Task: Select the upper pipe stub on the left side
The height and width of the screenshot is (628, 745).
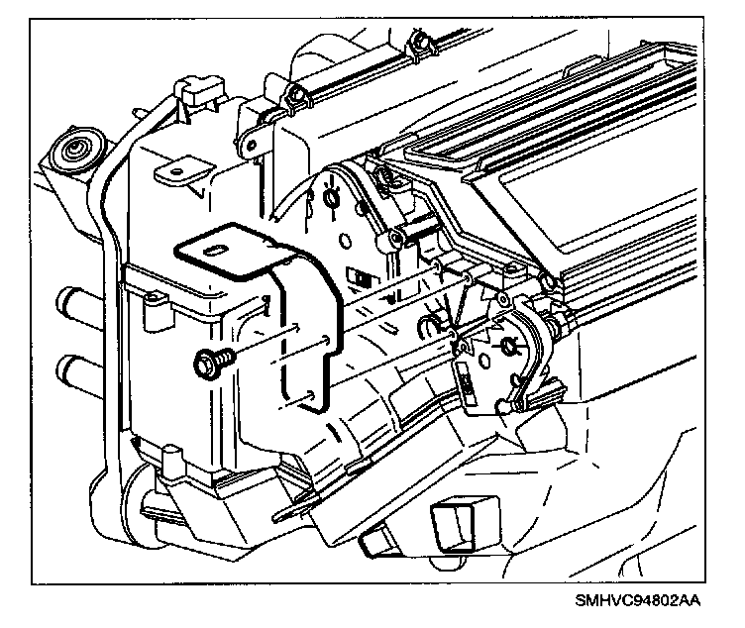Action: click(71, 300)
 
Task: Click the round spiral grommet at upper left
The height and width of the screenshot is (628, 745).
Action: click(75, 152)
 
